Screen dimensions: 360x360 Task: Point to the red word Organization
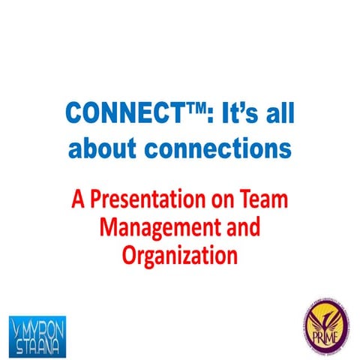point(179,255)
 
